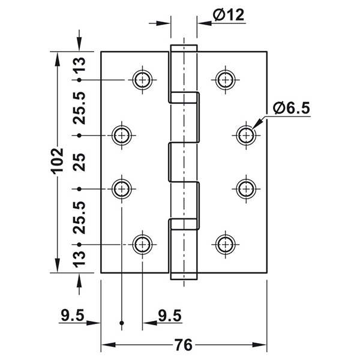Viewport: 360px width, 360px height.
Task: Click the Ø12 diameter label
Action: (229, 14)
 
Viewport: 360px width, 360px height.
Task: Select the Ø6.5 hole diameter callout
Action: (292, 108)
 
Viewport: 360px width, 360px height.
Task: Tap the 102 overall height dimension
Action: (57, 161)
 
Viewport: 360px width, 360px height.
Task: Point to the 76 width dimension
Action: (184, 344)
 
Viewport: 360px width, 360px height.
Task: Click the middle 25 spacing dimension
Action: (79, 162)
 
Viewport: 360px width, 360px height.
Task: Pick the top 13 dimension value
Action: (79, 65)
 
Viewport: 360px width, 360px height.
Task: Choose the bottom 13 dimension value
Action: (79, 259)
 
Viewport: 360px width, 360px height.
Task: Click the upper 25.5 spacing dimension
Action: (79, 108)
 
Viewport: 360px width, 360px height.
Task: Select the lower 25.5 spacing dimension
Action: (79, 217)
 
